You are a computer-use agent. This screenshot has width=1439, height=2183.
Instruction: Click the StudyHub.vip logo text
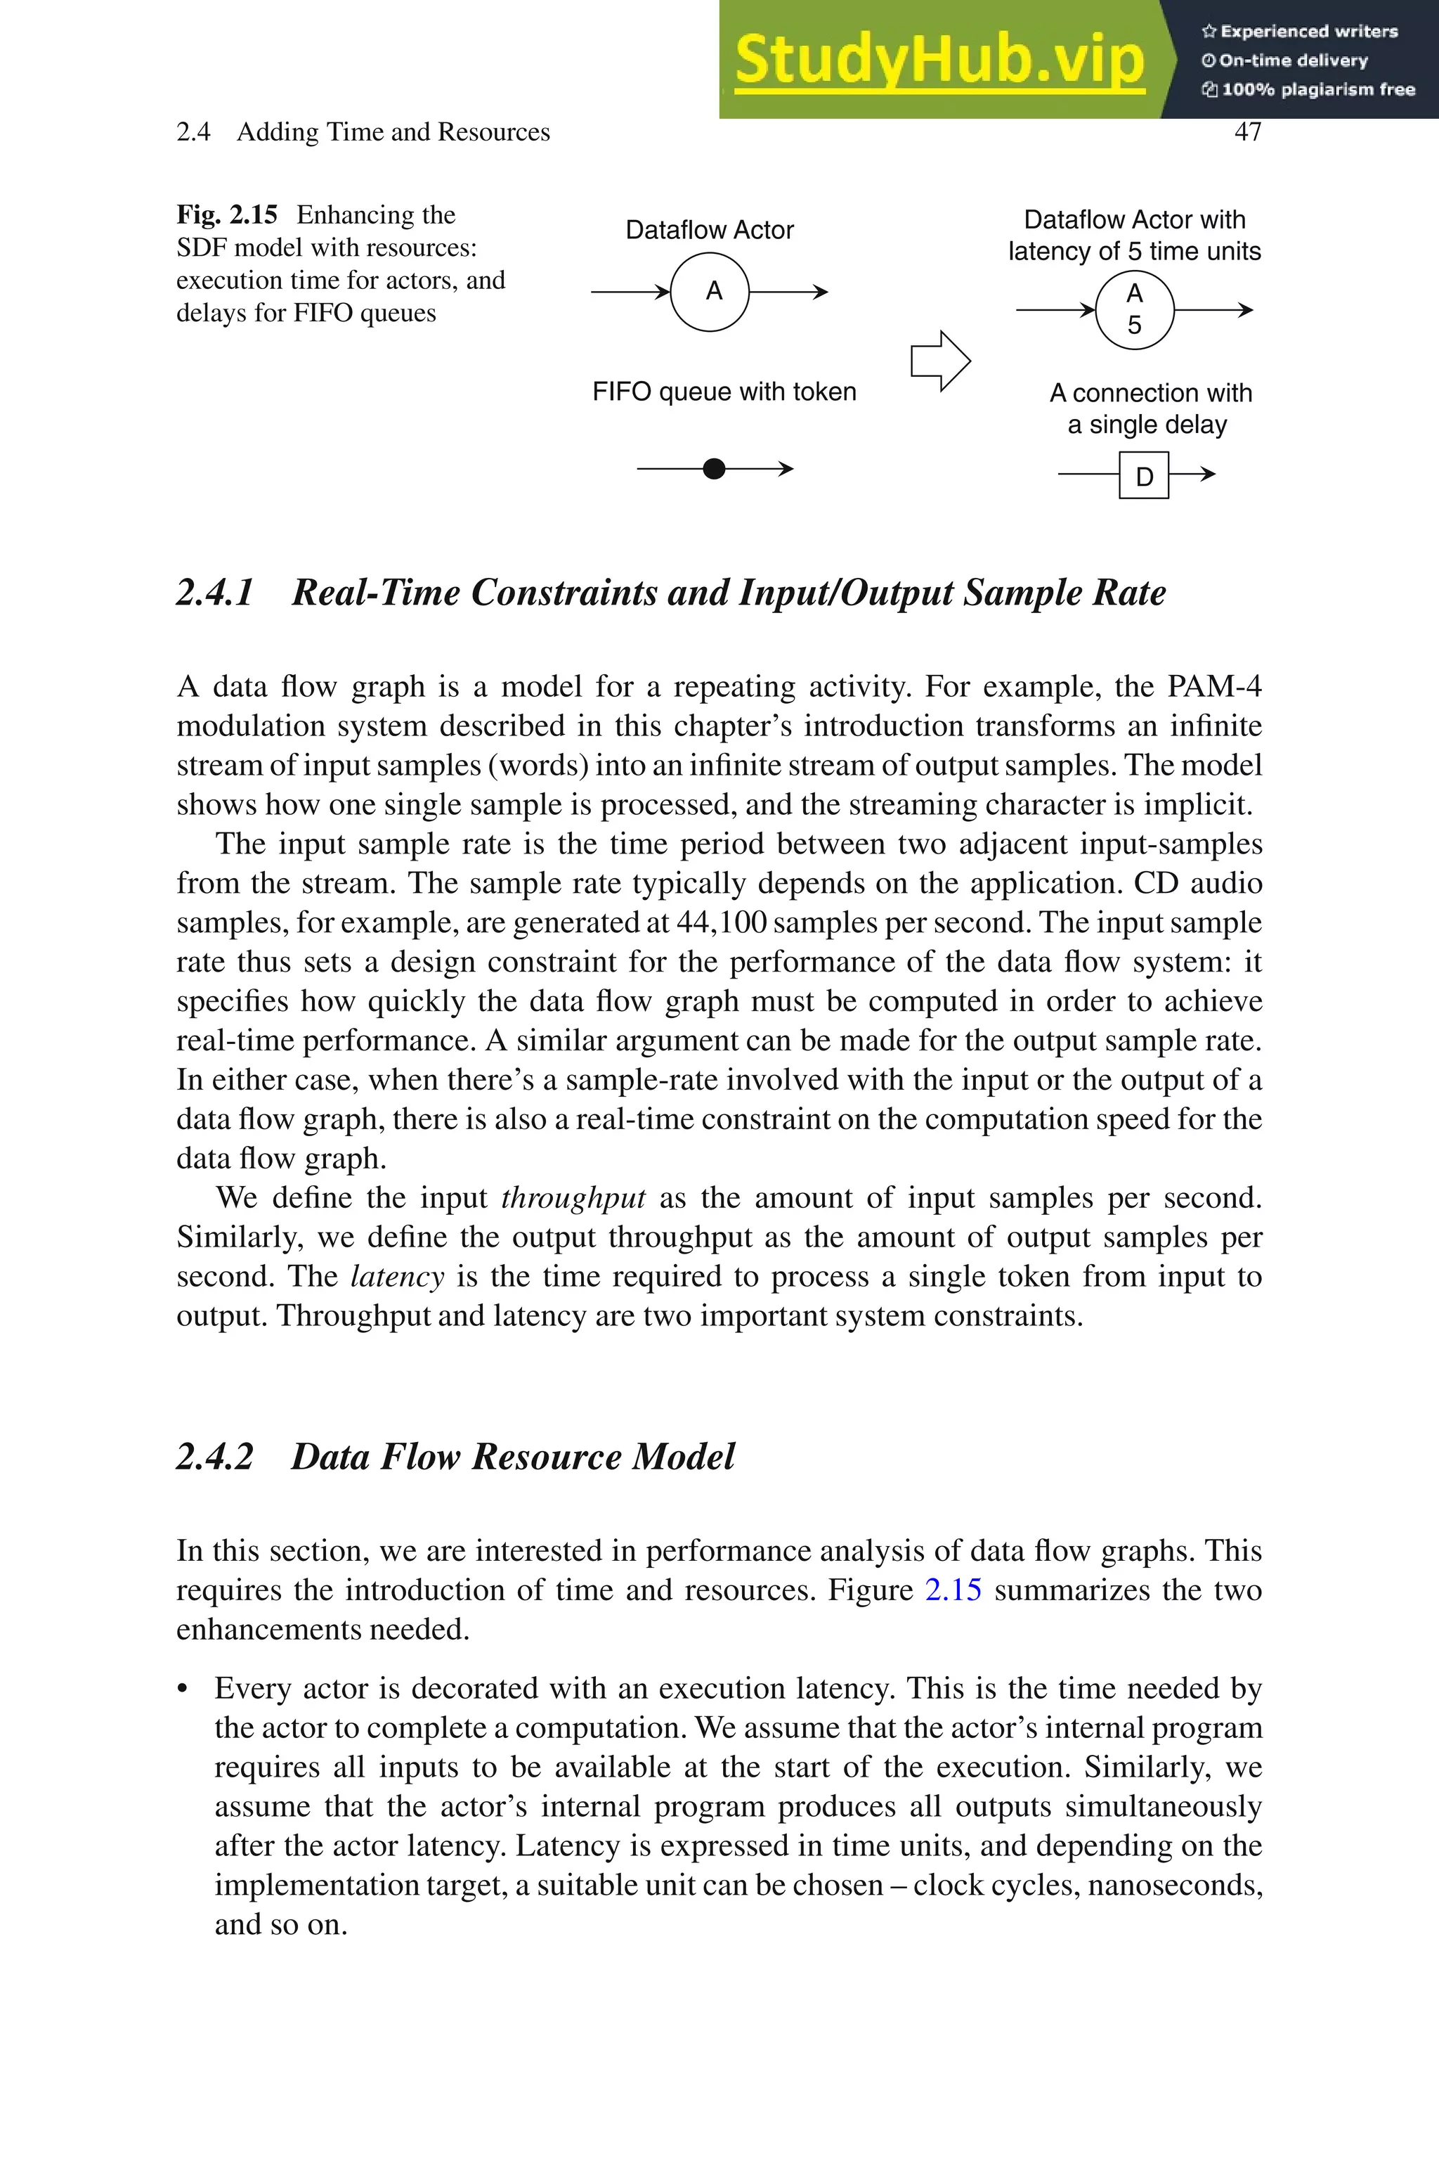tap(939, 60)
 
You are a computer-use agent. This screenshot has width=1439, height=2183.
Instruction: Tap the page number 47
tap(1247, 132)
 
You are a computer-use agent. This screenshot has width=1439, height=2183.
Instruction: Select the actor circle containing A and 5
tap(1134, 310)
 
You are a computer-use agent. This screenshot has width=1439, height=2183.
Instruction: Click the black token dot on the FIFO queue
tap(714, 469)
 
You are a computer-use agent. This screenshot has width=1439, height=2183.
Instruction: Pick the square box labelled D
tap(1143, 475)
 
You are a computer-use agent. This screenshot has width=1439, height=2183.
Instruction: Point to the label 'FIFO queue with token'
tap(724, 392)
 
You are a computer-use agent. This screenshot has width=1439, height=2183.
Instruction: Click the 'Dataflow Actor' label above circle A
tap(710, 231)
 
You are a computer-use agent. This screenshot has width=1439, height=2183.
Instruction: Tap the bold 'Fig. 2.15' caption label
tap(227, 215)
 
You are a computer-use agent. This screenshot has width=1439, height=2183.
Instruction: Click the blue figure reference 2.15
tap(953, 1589)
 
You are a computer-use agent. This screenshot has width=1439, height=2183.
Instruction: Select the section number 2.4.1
tap(215, 593)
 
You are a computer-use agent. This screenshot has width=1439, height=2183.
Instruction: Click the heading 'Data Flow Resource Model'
tap(512, 1457)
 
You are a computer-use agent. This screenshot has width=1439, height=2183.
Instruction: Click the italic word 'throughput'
tap(573, 1197)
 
